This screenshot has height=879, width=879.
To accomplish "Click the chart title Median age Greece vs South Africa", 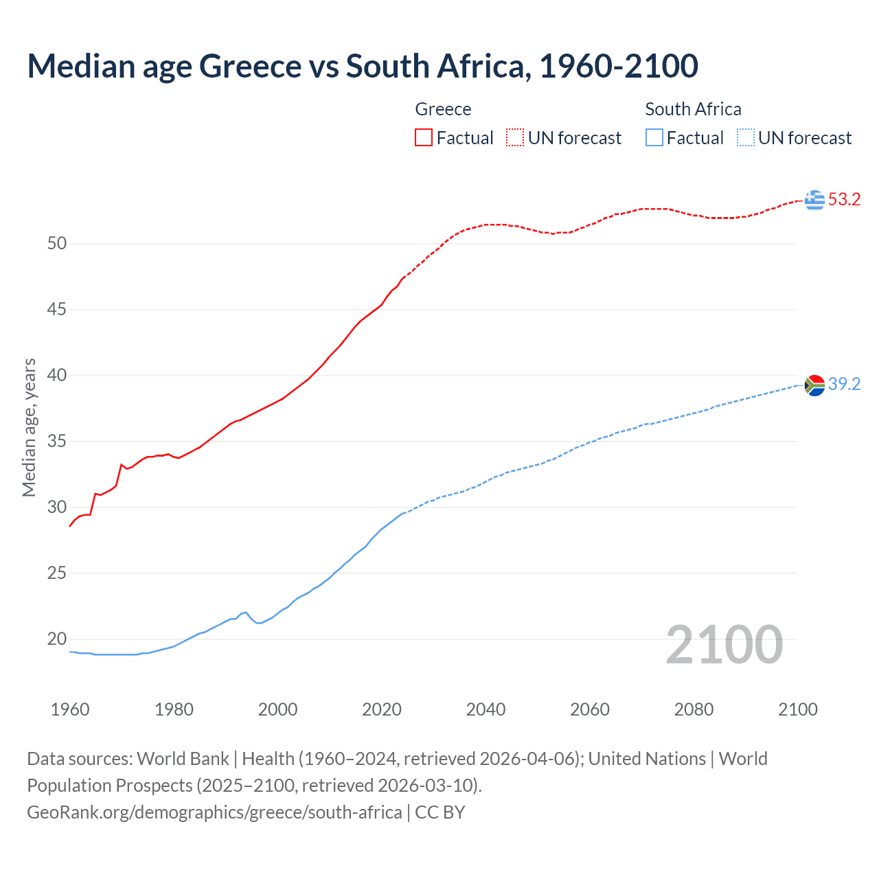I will click(363, 66).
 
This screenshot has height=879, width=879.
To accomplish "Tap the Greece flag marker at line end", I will click(814, 200).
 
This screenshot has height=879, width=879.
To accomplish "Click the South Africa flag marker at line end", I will click(814, 385).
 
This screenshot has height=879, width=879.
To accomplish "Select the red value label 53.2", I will click(844, 200).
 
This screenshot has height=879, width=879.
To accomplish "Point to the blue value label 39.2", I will click(844, 384).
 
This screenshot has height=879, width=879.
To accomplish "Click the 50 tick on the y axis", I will click(57, 244).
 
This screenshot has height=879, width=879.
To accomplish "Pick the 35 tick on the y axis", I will click(57, 442).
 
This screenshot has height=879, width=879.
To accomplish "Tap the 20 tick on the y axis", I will click(57, 639).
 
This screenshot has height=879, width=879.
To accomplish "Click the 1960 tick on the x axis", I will click(70, 709).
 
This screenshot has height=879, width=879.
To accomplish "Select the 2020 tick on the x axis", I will click(382, 709).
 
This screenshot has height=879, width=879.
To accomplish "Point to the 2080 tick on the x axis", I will click(694, 709).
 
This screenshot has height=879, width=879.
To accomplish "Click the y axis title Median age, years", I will click(29, 427).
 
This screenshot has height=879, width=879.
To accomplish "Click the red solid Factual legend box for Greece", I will click(424, 138).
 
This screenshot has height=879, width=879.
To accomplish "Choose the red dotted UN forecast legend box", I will click(515, 138).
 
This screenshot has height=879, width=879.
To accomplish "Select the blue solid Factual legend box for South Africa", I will click(654, 138).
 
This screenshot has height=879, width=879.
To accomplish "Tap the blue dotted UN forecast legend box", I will click(745, 138).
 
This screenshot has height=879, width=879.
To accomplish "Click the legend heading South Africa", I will click(693, 109).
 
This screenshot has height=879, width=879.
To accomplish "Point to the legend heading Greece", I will click(443, 109).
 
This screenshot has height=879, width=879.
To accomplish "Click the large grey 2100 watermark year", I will click(724, 645).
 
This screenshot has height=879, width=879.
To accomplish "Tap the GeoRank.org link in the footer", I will click(214, 812).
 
